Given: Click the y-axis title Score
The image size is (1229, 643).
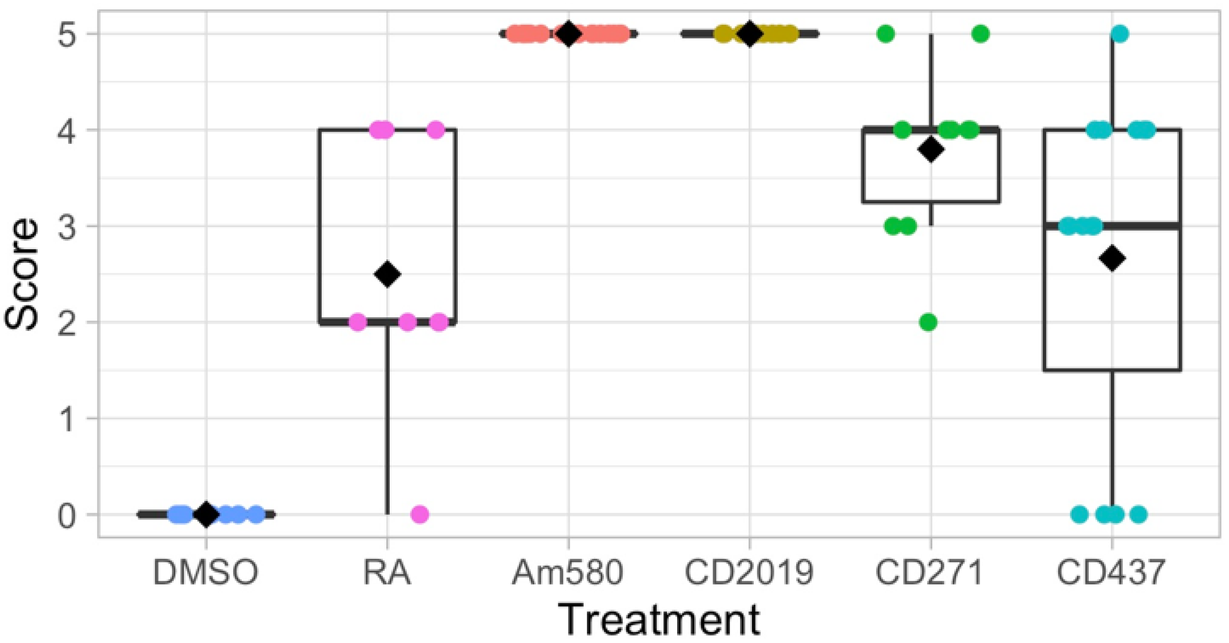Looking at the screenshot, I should coord(21,274).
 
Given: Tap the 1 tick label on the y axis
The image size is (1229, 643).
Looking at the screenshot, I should coord(66,419).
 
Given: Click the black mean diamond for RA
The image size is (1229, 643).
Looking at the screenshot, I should coord(387,274).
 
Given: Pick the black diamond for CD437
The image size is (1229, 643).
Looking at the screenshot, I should coord(1112,258).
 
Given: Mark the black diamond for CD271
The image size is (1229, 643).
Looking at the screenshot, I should coord(931,149).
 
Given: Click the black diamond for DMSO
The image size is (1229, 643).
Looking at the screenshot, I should coord(206,514).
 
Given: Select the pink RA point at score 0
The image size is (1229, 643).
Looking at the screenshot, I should coord(419,514).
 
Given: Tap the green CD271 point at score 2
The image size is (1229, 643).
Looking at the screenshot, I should coord(928,323).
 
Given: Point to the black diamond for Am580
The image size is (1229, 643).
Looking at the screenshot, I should coord(568,34).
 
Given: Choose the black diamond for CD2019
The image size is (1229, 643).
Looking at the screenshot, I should coord(749,34).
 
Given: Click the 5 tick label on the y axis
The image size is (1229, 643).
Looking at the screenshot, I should coord(66,34).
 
